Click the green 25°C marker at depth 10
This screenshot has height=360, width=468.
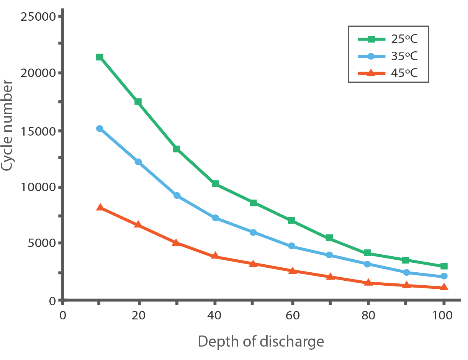pyautogui.click(x=100, y=57)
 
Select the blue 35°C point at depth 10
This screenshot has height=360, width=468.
pyautogui.click(x=100, y=129)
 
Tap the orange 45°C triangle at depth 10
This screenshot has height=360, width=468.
pyautogui.click(x=100, y=207)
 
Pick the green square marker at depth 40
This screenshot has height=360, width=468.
pyautogui.click(x=215, y=184)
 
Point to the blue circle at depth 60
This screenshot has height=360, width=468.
pyautogui.click(x=291, y=246)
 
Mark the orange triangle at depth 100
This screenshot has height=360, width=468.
pyautogui.click(x=444, y=287)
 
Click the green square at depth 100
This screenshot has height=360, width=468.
pyautogui.click(x=444, y=266)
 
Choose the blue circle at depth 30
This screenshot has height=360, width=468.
pyautogui.click(x=177, y=195)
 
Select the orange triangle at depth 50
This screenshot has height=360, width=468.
pyautogui.click(x=253, y=263)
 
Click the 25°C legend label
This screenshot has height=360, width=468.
pyautogui.click(x=404, y=39)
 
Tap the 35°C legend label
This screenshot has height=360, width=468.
pyautogui.click(x=404, y=56)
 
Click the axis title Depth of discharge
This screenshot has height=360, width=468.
pyautogui.click(x=260, y=341)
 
